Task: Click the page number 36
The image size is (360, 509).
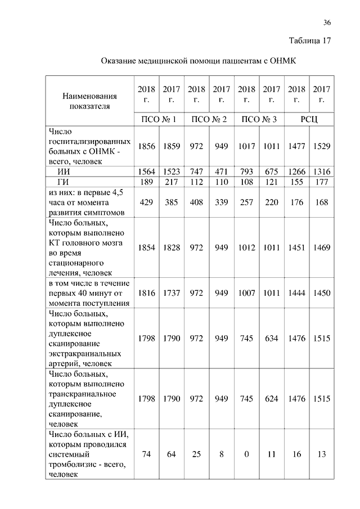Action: click(327, 22)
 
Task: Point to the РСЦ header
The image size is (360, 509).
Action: click(309, 119)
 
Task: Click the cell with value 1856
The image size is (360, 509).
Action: click(146, 146)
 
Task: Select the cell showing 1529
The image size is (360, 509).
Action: click(322, 146)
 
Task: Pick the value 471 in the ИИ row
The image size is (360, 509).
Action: click(222, 172)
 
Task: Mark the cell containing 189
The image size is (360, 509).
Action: click(146, 182)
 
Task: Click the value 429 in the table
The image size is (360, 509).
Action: click(146, 202)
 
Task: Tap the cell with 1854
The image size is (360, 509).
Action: click(146, 247)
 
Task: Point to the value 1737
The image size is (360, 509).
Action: click(171, 293)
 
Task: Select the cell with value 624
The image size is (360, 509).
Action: click(271, 398)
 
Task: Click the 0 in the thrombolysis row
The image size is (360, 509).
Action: click(246, 454)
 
